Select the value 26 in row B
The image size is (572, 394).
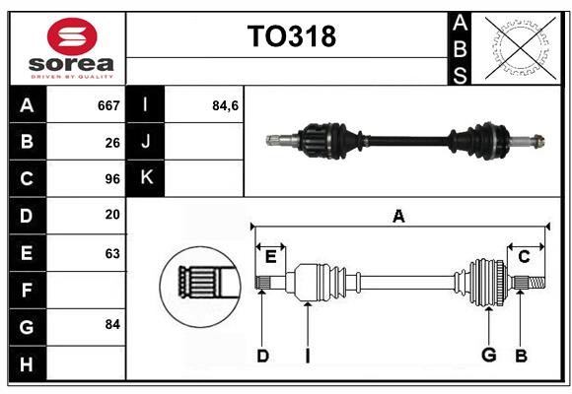click(112, 142)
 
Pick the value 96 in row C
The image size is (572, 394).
click(112, 179)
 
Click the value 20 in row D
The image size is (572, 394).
click(112, 215)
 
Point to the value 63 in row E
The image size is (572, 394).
click(112, 252)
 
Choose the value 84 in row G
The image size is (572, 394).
click(112, 324)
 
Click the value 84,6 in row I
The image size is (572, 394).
click(226, 105)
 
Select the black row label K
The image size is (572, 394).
click(147, 178)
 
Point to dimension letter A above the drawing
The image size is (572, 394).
click(398, 216)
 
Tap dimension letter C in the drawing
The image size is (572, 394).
click(524, 256)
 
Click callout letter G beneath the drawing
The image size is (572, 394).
click(488, 355)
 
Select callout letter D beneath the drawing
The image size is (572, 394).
click(262, 355)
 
